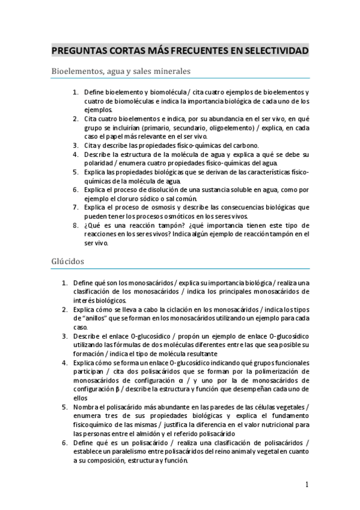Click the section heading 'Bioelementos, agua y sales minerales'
point(121,71)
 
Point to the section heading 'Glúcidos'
point(67,262)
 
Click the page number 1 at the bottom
point(307,485)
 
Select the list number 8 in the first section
point(76,226)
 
